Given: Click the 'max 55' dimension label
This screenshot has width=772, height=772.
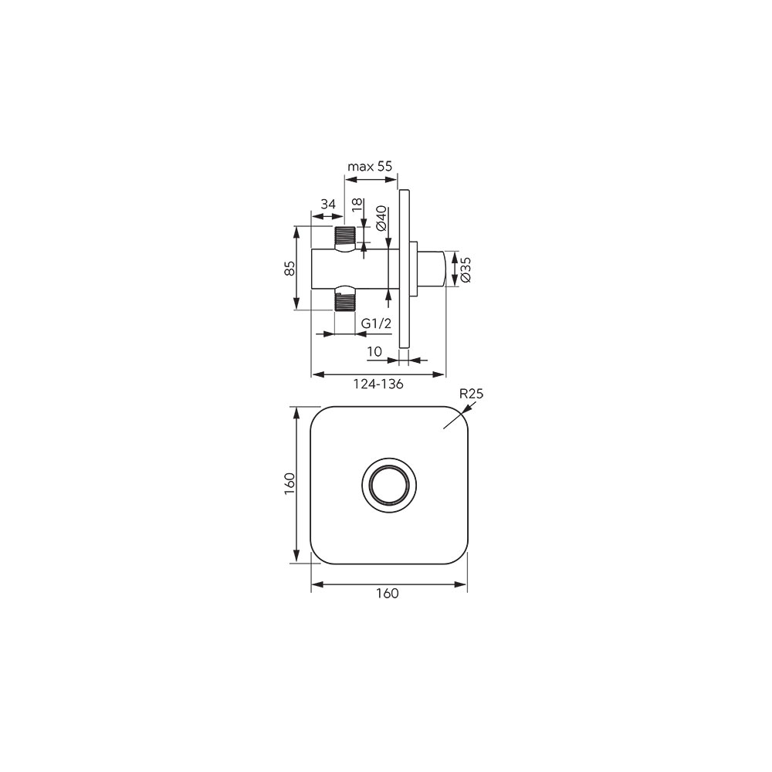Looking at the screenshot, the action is coord(370,167).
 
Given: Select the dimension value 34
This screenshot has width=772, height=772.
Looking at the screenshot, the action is coord(328,204).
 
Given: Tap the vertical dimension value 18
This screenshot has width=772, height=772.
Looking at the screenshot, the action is coord(358,205).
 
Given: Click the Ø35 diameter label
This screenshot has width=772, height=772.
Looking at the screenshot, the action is coord(466,269).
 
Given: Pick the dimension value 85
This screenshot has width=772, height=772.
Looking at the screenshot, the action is coord(290,269).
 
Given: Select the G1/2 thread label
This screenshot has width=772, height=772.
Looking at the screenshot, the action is coord(376,323).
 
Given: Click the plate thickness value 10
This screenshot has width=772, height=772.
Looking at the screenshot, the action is coord(374,351).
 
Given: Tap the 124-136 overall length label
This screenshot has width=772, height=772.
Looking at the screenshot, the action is coord(378,384).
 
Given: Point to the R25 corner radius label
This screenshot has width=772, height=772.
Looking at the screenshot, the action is coord(471,394).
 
